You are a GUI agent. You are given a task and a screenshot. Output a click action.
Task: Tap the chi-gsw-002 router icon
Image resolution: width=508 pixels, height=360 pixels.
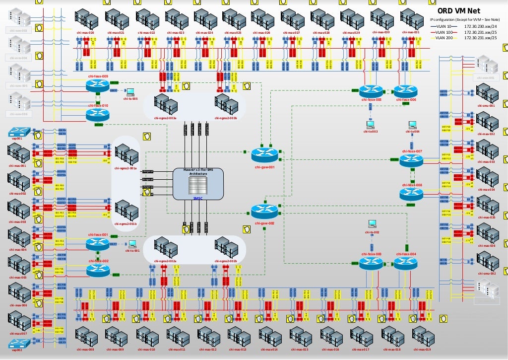262,212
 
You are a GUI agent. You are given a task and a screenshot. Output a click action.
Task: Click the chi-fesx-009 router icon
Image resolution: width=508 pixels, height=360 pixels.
98,85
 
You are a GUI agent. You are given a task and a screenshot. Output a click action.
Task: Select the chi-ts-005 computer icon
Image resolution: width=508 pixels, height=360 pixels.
130,92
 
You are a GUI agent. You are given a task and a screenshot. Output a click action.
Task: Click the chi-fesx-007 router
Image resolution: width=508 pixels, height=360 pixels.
412,159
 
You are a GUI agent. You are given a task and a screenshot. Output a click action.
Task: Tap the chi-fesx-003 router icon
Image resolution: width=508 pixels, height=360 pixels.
372,263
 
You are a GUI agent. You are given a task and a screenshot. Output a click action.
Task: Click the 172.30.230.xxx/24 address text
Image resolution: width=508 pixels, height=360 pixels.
480,26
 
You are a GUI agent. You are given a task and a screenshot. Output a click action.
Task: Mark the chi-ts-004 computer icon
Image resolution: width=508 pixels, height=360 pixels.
412,125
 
